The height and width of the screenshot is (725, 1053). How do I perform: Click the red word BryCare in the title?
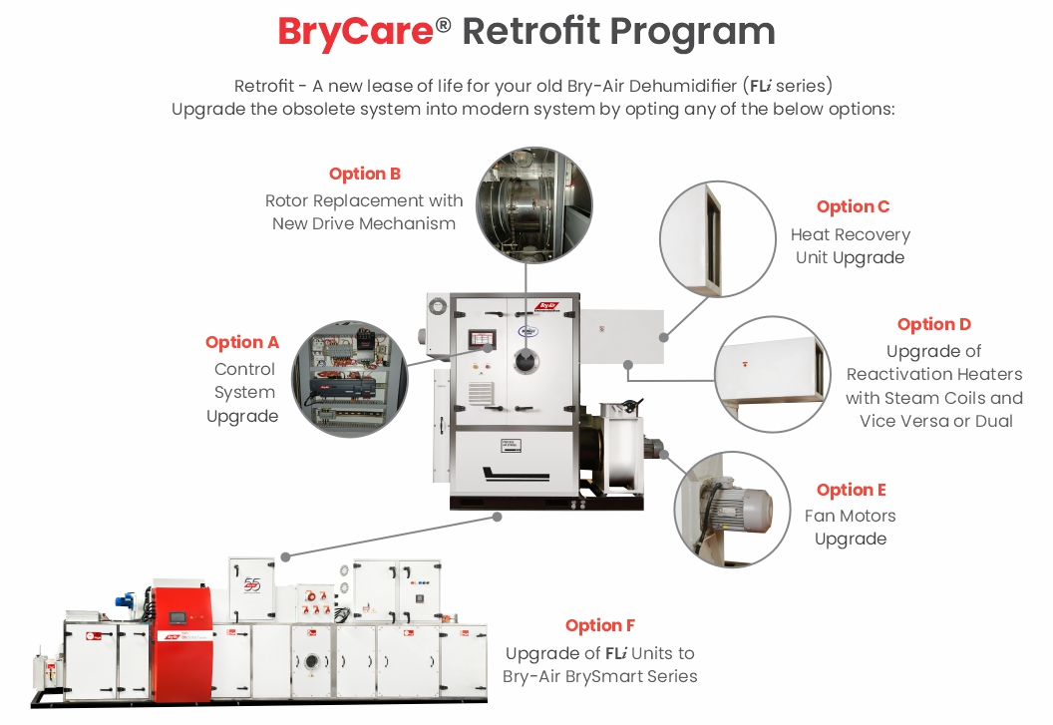354,32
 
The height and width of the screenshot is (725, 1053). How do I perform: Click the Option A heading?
242,342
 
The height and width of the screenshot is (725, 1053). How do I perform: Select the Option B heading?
364,174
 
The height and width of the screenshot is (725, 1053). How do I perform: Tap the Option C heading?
853,206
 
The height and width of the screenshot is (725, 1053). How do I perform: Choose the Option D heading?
933,324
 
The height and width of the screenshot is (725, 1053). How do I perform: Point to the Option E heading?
851,490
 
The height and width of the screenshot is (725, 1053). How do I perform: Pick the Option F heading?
599,625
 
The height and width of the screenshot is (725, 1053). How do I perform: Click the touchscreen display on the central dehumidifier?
482,337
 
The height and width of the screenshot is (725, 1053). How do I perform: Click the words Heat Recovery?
850,234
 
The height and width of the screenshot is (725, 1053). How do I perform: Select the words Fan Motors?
850,516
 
